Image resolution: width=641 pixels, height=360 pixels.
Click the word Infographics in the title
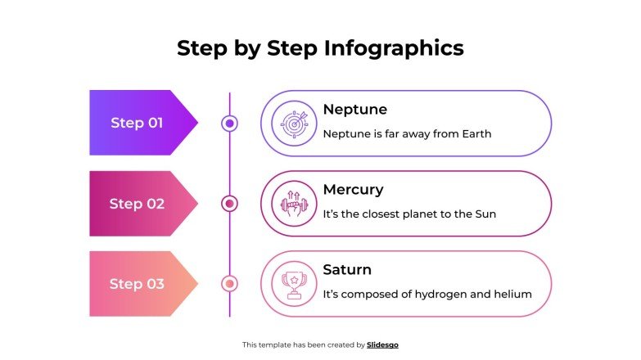(x=394, y=48)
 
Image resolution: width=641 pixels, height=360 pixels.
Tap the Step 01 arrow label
(x=138, y=123)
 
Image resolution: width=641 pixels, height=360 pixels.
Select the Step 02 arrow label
(x=138, y=204)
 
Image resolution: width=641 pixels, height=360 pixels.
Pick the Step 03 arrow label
(x=138, y=284)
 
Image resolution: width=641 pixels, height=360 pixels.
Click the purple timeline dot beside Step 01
(x=230, y=124)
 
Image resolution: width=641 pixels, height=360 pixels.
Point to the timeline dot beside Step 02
(x=230, y=204)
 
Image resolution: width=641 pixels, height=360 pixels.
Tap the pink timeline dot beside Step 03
(x=230, y=284)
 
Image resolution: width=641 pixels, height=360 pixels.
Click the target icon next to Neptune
(x=293, y=124)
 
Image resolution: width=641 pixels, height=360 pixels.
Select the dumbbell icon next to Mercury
(x=293, y=204)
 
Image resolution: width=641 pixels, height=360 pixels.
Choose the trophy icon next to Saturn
(x=293, y=284)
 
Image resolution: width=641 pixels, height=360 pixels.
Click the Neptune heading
(x=354, y=109)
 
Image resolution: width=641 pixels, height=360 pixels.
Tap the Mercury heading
(x=353, y=189)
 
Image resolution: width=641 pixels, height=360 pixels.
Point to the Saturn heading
(x=347, y=269)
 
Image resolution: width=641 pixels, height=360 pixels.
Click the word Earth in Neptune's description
(x=475, y=133)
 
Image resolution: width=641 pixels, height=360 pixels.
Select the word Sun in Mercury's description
(x=485, y=214)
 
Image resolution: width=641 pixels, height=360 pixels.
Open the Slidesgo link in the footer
(x=382, y=345)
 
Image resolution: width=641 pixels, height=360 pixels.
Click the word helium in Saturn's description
(x=513, y=294)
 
